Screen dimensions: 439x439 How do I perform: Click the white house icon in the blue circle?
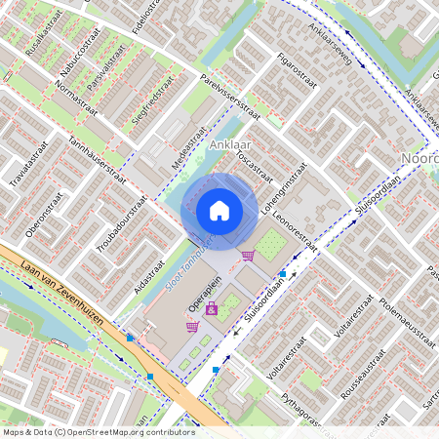219,210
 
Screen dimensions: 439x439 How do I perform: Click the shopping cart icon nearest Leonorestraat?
248,256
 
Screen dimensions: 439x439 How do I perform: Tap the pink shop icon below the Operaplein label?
211,309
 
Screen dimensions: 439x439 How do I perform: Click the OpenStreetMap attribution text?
98,431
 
